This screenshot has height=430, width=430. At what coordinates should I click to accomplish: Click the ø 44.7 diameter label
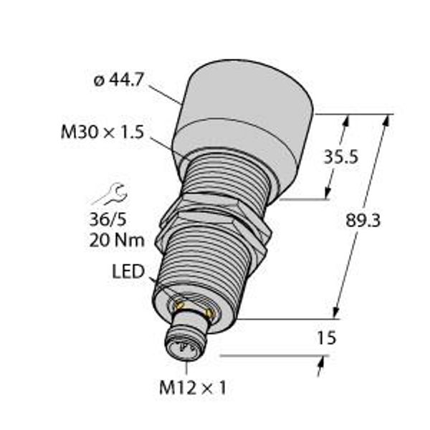(118, 80)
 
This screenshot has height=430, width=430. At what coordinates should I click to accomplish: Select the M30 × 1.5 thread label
(102, 132)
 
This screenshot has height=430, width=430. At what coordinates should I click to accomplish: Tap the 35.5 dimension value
(341, 157)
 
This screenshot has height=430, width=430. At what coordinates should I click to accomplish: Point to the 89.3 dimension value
(363, 220)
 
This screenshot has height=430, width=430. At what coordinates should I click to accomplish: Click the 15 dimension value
(326, 338)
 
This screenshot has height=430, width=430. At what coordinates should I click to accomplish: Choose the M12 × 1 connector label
(193, 388)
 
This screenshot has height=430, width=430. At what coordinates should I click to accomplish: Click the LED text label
(128, 271)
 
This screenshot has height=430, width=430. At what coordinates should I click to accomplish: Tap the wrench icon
(110, 194)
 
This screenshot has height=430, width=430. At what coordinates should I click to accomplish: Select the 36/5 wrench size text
(107, 220)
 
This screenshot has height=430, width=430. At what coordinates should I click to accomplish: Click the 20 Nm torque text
(117, 241)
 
